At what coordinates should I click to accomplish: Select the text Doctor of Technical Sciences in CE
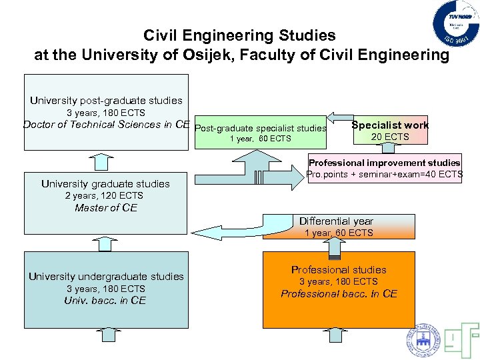pos(107,124)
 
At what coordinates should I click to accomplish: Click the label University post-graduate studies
pos(106,101)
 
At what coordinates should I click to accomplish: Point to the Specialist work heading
pos(390,125)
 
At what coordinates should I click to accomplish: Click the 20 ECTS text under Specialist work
pos(390,137)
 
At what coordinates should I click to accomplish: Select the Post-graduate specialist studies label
pos(261,128)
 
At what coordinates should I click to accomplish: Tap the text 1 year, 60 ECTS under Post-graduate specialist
pos(260,139)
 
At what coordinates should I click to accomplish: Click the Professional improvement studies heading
pos(384,163)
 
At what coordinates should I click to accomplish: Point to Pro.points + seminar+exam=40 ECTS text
pos(384,174)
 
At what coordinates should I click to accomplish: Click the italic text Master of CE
pos(106,208)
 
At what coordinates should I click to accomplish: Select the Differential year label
pos(336,221)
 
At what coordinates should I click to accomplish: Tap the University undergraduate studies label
pos(106,277)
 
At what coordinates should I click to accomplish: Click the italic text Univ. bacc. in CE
pos(105,301)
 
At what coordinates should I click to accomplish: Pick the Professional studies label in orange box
pos(339,270)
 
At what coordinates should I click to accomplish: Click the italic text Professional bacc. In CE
pos(339,294)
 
